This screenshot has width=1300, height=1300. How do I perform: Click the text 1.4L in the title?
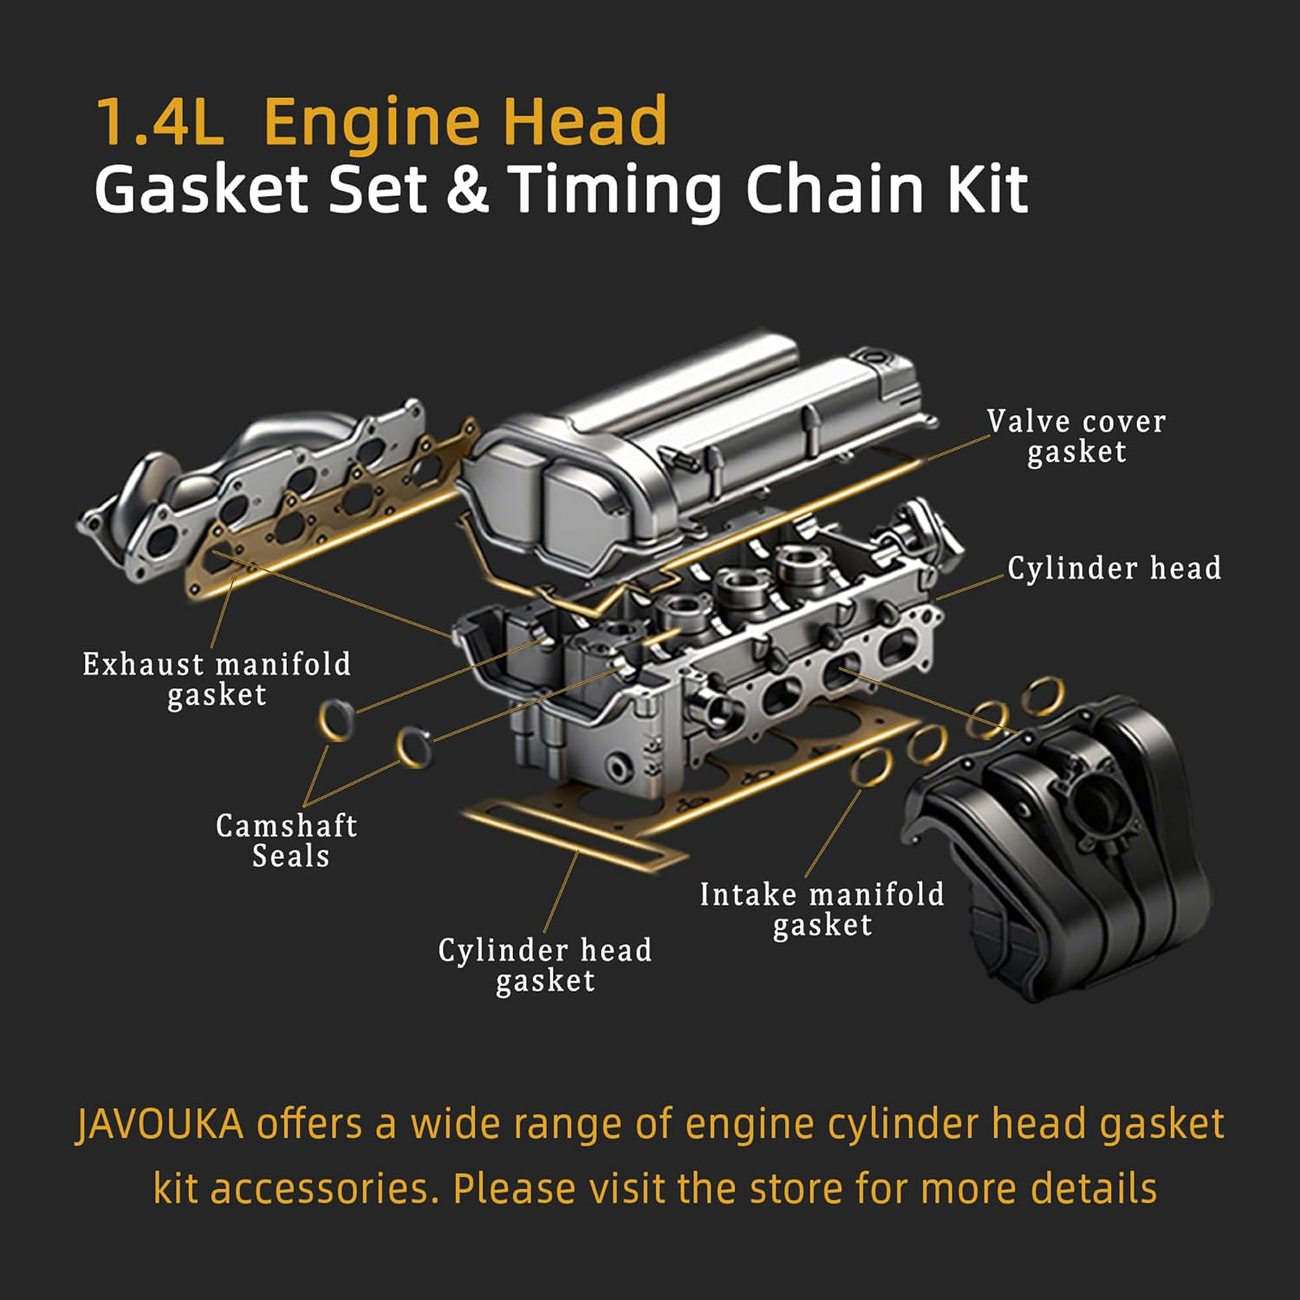tap(159, 121)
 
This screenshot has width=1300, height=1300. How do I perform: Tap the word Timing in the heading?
tap(614, 190)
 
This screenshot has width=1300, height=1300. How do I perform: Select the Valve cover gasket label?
tap(1076, 436)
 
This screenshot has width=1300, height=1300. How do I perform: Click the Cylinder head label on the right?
tap(1114, 569)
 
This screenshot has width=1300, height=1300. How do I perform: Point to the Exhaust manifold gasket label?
tap(217, 679)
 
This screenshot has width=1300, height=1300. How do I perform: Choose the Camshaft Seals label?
tap(287, 841)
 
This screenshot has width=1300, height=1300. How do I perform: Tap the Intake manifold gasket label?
tap(822, 909)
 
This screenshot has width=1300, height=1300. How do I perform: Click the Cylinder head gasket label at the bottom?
tap(545, 965)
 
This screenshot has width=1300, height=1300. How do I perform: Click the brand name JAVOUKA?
tap(160, 1124)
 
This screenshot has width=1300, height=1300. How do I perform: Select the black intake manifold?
tap(1066, 849)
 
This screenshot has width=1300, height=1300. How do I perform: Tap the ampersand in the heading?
tap(468, 190)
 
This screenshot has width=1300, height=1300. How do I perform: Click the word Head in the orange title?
tap(586, 121)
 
